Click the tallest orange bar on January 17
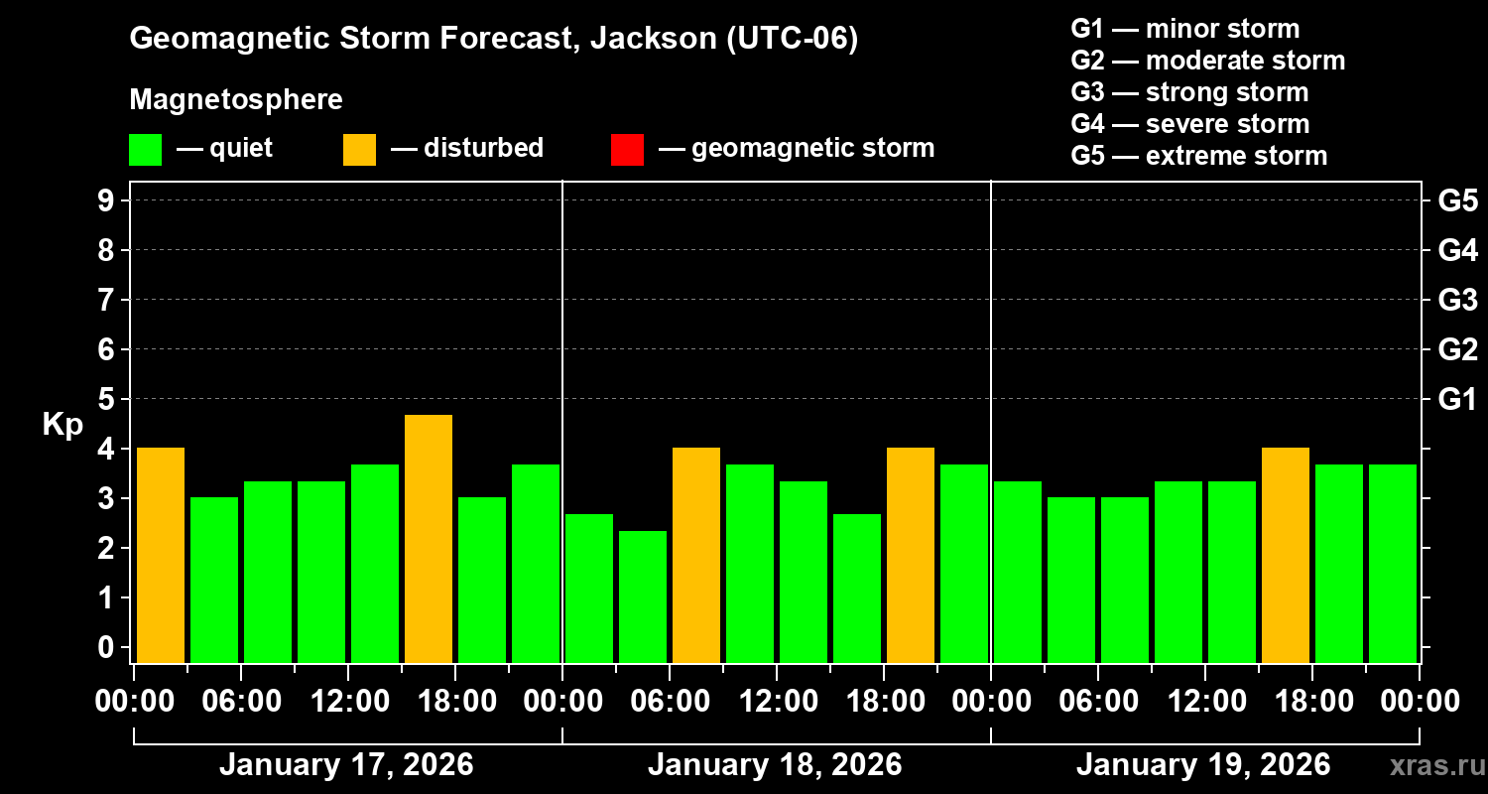(429, 539)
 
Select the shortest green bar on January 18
(643, 596)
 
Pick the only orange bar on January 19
(1286, 555)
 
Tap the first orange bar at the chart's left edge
(161, 555)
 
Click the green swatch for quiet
(145, 149)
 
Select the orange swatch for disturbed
(359, 149)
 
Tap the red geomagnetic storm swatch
(627, 149)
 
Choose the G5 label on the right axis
(1457, 201)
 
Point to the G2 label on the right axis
(1457, 350)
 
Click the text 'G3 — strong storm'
(1189, 92)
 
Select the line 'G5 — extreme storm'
(1198, 156)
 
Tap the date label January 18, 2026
(775, 765)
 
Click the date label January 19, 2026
(1203, 765)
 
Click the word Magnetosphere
(236, 100)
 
